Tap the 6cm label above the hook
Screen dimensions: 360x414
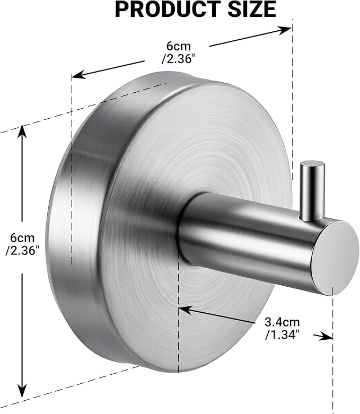[x=178, y=46]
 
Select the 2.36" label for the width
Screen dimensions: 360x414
[x=180, y=59]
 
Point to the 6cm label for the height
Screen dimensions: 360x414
[x=22, y=238]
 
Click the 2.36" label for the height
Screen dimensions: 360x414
[x=22, y=251]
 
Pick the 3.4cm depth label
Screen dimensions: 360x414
[x=282, y=322]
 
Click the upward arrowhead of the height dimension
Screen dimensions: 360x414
[x=22, y=131]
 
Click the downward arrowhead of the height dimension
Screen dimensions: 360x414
[x=23, y=391]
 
